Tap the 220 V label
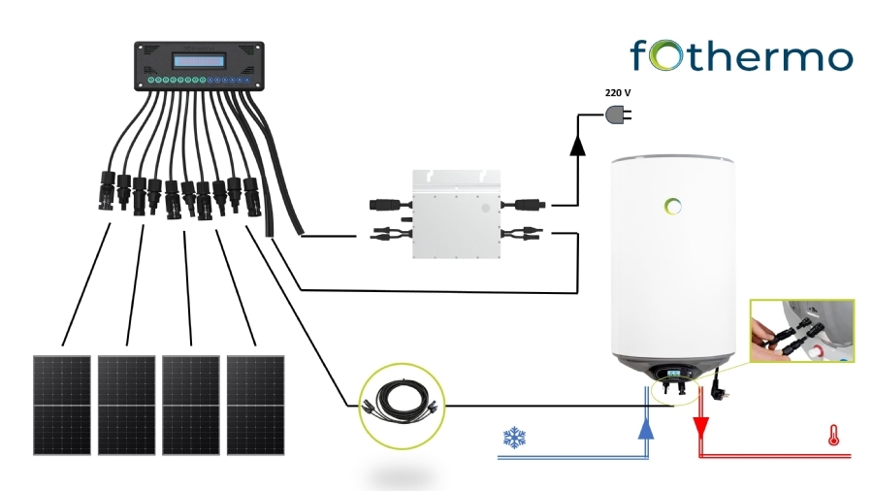[618, 93]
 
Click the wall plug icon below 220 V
[618, 115]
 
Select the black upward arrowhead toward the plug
[578, 146]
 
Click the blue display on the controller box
[202, 60]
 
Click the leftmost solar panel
[61, 403]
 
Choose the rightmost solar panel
[255, 403]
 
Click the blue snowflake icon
[513, 436]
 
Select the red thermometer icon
[832, 435]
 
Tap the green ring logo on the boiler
[674, 205]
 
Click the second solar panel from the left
[126, 403]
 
